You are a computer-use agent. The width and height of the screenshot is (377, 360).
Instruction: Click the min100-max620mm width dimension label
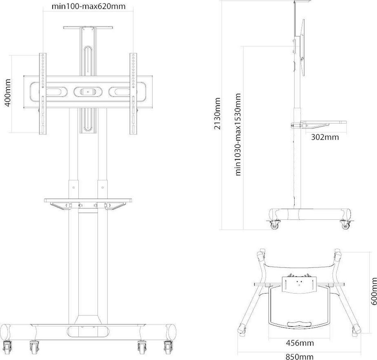click(x=89, y=6)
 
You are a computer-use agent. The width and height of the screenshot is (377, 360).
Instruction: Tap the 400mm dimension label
click(x=8, y=93)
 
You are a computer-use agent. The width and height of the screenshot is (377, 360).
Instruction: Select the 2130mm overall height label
click(x=217, y=113)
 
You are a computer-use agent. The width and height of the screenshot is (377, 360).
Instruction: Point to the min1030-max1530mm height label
click(x=238, y=135)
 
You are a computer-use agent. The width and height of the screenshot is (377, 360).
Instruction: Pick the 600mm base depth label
click(x=374, y=291)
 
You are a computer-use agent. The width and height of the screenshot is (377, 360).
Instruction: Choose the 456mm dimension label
click(x=300, y=343)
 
